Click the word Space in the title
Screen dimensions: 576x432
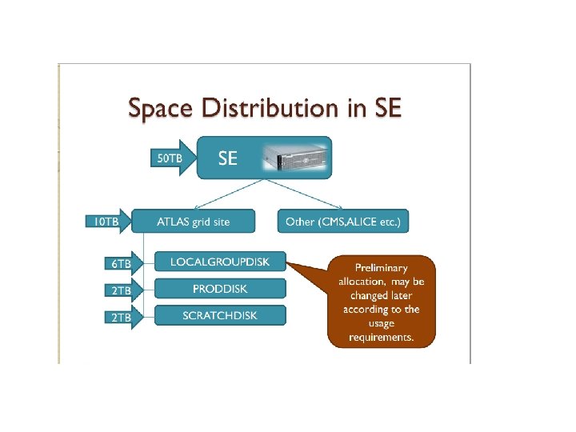pos(159,108)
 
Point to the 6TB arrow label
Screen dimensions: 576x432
pos(121,262)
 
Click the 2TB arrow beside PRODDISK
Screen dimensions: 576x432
pos(121,290)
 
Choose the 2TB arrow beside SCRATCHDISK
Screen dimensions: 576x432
pos(121,317)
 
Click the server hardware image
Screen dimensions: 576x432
pos(296,158)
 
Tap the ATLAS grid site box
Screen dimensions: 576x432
pos(193,222)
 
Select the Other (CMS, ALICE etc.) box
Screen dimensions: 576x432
pos(342,222)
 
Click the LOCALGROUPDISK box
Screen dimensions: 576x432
pos(219,262)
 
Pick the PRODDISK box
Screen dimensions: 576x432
pos(219,288)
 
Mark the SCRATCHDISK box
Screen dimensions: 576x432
pos(219,315)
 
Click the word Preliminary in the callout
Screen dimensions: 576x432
pos(381,268)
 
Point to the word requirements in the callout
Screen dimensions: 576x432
pos(381,337)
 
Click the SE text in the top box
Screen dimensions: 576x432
pos(228,158)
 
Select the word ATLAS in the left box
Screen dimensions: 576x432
pos(174,222)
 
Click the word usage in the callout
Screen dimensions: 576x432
pos(381,323)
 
